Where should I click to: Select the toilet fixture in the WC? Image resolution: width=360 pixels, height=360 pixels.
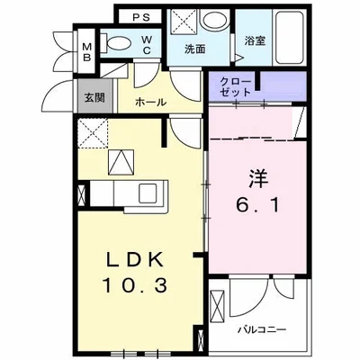click(x=115, y=40)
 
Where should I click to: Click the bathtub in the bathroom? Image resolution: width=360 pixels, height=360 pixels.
click(x=287, y=38)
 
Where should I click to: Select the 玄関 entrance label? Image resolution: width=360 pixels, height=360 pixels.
click(x=94, y=98)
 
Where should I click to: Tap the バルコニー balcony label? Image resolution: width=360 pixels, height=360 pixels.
click(x=264, y=329)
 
